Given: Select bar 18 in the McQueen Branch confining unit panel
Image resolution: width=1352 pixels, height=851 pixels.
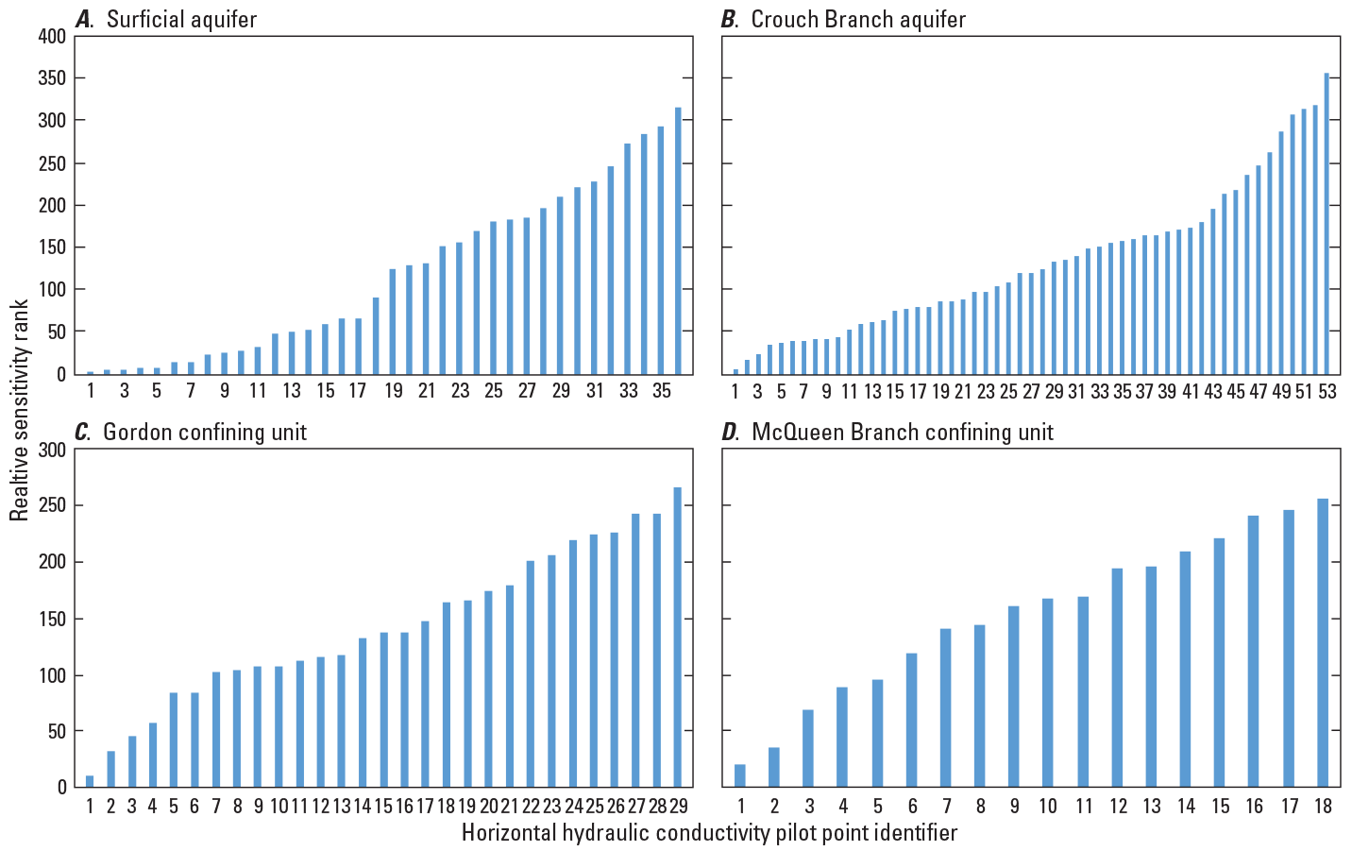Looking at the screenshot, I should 1322,642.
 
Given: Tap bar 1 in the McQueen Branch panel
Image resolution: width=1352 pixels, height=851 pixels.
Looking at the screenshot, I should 740,775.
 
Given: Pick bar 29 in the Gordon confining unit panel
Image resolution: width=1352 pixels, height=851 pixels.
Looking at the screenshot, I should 677,637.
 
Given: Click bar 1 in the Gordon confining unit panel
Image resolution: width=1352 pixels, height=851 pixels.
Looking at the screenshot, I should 90,781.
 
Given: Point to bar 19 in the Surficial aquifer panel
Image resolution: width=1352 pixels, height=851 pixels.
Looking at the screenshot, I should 393,321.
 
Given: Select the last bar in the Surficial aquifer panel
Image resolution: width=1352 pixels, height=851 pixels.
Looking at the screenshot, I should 678,240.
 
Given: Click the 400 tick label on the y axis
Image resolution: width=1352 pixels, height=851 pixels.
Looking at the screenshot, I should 52,37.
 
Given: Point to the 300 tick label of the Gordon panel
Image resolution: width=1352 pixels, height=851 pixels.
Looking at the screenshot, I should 52,451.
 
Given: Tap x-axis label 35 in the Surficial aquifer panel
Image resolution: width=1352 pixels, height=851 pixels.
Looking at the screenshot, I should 662,391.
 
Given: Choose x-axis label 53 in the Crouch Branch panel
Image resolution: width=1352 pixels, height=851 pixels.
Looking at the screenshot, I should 1327,391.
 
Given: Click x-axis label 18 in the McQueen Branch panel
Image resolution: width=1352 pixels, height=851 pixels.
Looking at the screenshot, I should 1323,806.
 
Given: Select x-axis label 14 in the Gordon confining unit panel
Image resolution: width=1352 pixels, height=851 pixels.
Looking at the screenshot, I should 363,806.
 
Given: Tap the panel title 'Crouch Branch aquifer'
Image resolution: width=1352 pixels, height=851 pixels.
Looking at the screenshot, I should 857,20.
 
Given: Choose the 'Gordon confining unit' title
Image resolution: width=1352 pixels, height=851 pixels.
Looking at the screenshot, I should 204,433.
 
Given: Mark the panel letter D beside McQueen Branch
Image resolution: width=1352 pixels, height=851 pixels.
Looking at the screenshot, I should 730,433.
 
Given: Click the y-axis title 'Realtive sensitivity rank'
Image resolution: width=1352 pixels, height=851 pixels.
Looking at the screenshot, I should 21,410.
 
